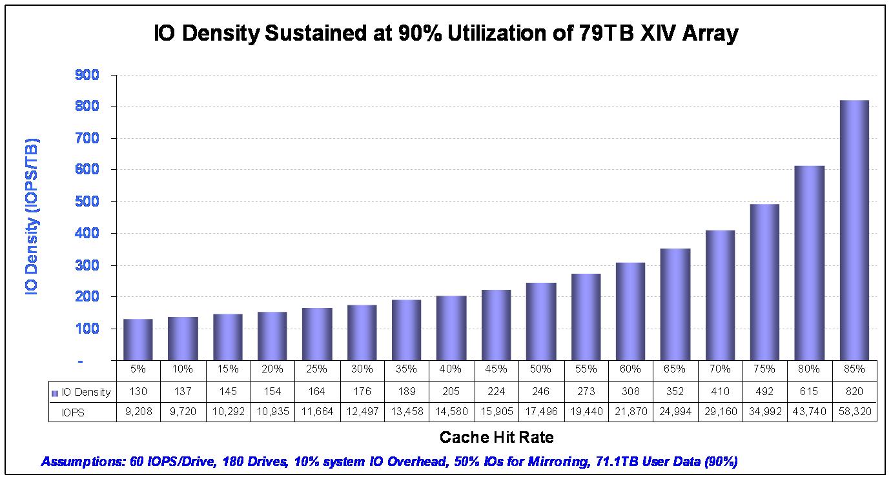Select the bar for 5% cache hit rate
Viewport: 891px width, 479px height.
[x=138, y=340]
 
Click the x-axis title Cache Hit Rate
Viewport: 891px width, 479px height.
[x=497, y=437]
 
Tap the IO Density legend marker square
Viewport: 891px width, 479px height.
[x=56, y=392]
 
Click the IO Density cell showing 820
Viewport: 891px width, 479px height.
[x=854, y=392]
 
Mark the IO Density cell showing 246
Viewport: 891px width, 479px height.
[x=540, y=392]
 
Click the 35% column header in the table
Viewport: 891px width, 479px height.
[x=406, y=369]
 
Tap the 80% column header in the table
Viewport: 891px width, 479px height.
[x=809, y=369]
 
